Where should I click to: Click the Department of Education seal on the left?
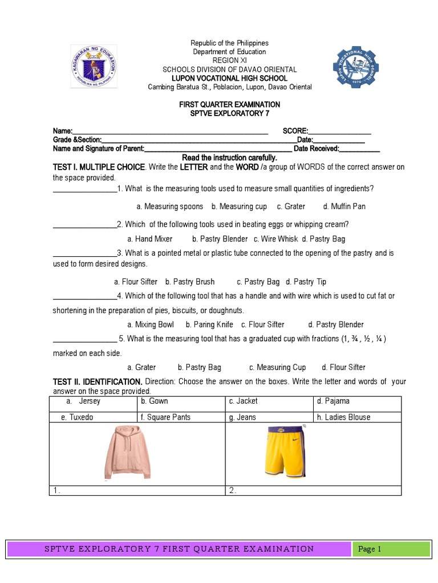(94, 67)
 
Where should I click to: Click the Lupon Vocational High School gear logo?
(355, 67)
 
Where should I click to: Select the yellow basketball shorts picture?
(285, 451)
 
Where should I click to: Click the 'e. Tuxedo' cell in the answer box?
(78, 417)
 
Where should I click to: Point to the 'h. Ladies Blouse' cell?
(343, 417)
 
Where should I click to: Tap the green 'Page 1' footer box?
(391, 549)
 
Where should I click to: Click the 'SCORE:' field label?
(295, 130)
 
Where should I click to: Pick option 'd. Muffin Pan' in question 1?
(344, 207)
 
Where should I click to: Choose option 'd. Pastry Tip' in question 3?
(306, 282)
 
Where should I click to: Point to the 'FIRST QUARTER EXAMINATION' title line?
(230, 105)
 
